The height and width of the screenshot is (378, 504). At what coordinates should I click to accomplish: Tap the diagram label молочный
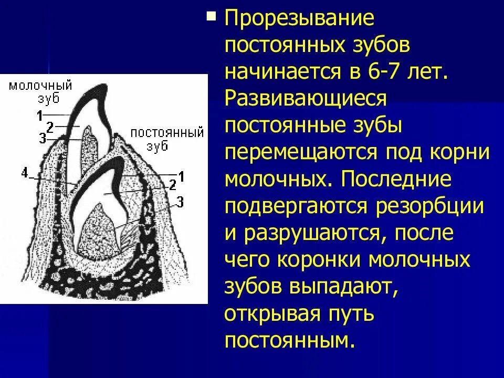[40, 86]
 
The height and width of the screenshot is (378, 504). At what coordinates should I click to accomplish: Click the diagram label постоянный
[167, 132]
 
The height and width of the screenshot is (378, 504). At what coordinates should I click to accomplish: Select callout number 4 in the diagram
[24, 171]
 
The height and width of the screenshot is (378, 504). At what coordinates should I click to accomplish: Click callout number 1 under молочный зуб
[40, 113]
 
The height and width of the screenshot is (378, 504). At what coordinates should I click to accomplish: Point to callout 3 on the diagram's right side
[180, 201]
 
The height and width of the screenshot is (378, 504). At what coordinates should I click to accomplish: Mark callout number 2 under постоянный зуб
[172, 184]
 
